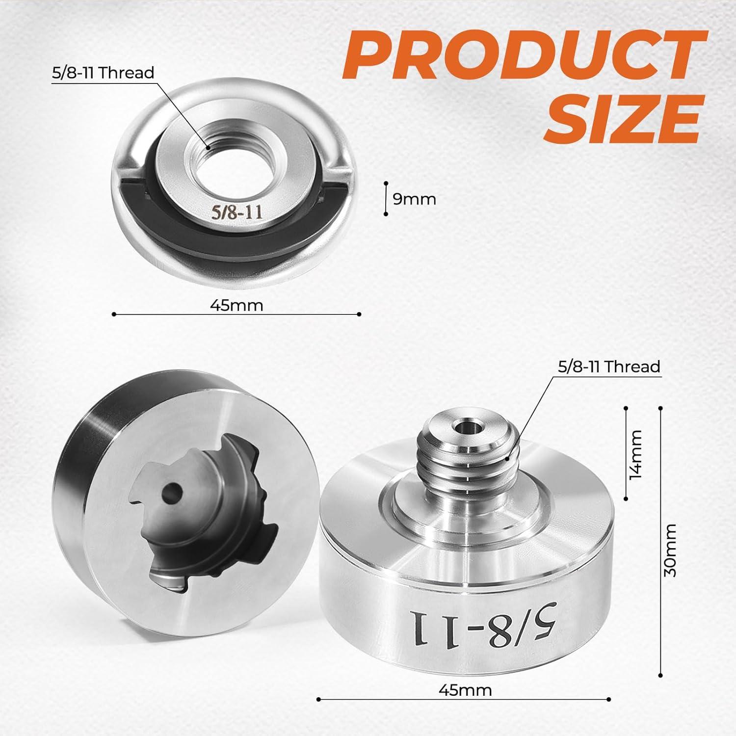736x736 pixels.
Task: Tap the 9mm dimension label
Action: pyautogui.click(x=415, y=199)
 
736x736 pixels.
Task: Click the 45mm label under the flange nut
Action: pyautogui.click(x=237, y=305)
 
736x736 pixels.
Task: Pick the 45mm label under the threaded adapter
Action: pyautogui.click(x=465, y=690)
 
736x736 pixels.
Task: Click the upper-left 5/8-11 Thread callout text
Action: pyautogui.click(x=103, y=73)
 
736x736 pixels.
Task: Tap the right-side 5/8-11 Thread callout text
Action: pyautogui.click(x=609, y=367)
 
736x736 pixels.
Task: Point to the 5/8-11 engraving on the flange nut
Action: pyautogui.click(x=232, y=212)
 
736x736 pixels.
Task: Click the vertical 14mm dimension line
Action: pyautogui.click(x=626, y=454)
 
